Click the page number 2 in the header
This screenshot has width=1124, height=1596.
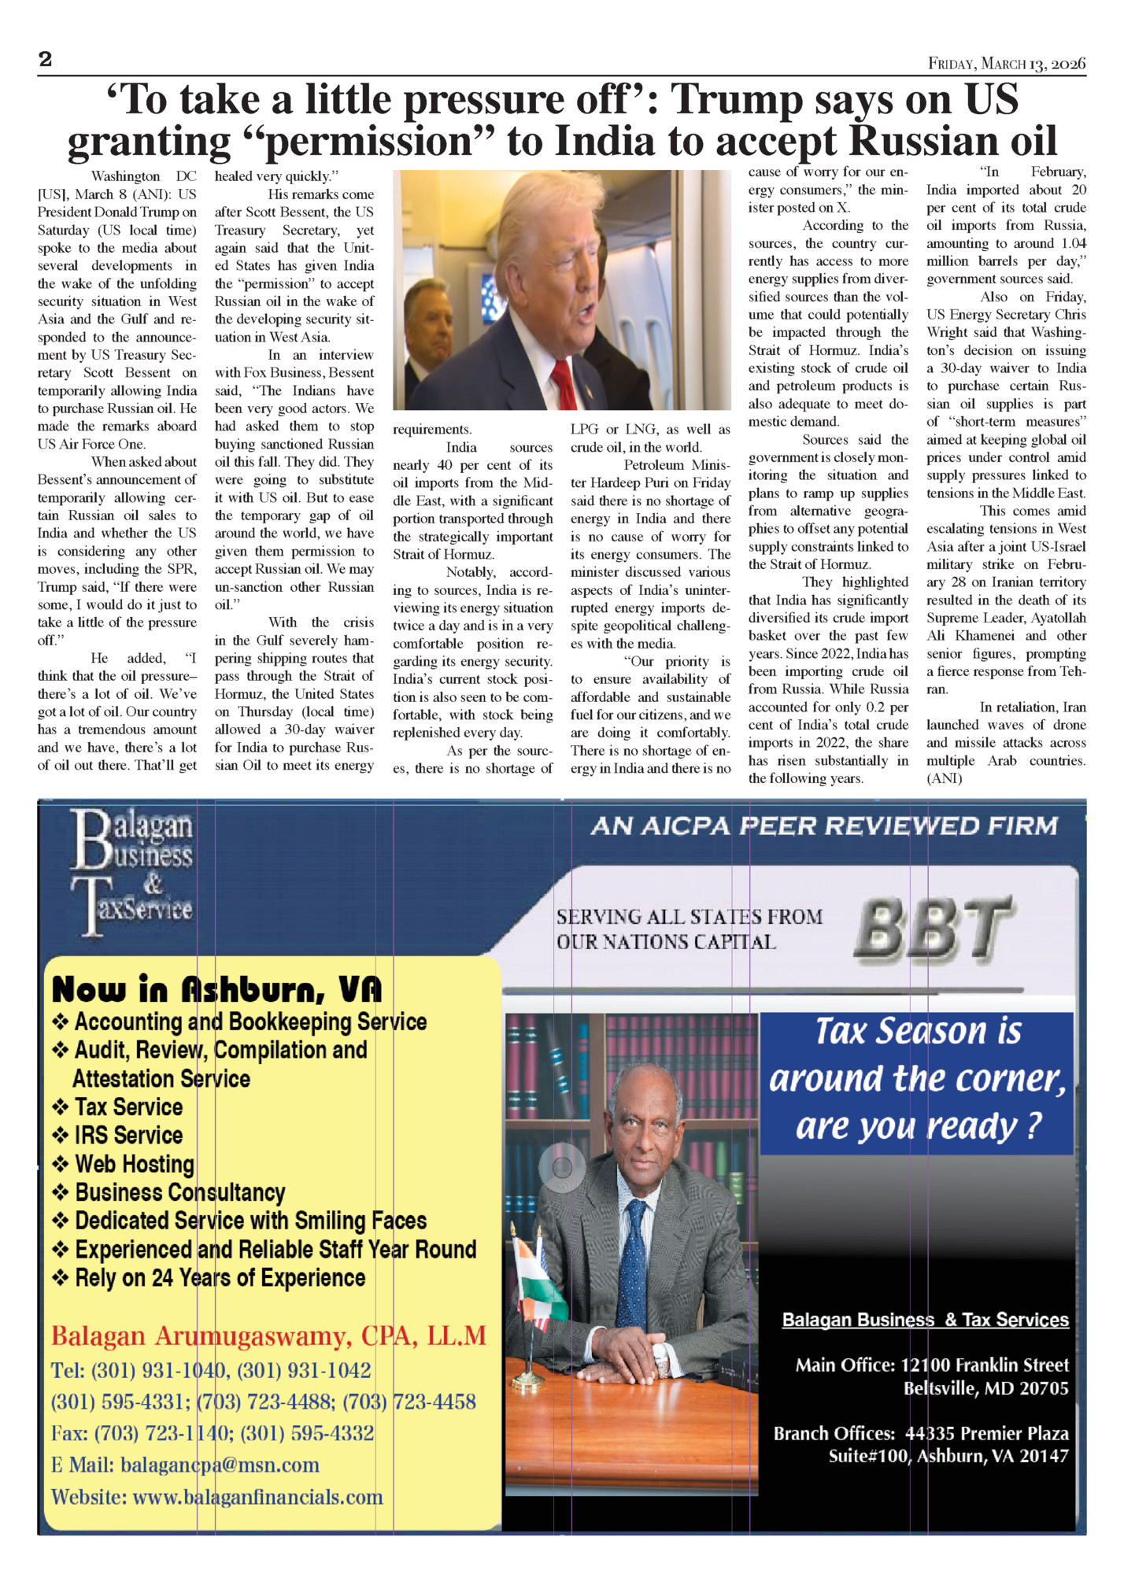pyautogui.click(x=46, y=60)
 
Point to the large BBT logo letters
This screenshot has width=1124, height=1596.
pyautogui.click(x=934, y=930)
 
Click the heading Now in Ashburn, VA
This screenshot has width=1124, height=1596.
pyautogui.click(x=216, y=989)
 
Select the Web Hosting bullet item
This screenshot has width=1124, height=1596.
pyautogui.click(x=135, y=1164)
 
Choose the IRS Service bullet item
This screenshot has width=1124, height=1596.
pyautogui.click(x=128, y=1136)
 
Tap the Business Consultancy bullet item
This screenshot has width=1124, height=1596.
pyautogui.click(x=179, y=1193)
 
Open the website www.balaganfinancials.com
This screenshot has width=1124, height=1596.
pyautogui.click(x=257, y=1497)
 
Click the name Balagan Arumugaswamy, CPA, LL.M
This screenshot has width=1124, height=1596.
pyautogui.click(x=268, y=1336)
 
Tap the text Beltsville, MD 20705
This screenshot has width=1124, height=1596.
pyautogui.click(x=985, y=1388)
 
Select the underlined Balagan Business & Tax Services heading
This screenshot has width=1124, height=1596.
pyautogui.click(x=925, y=1320)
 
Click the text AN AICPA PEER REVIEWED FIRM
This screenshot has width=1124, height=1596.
pyautogui.click(x=824, y=826)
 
